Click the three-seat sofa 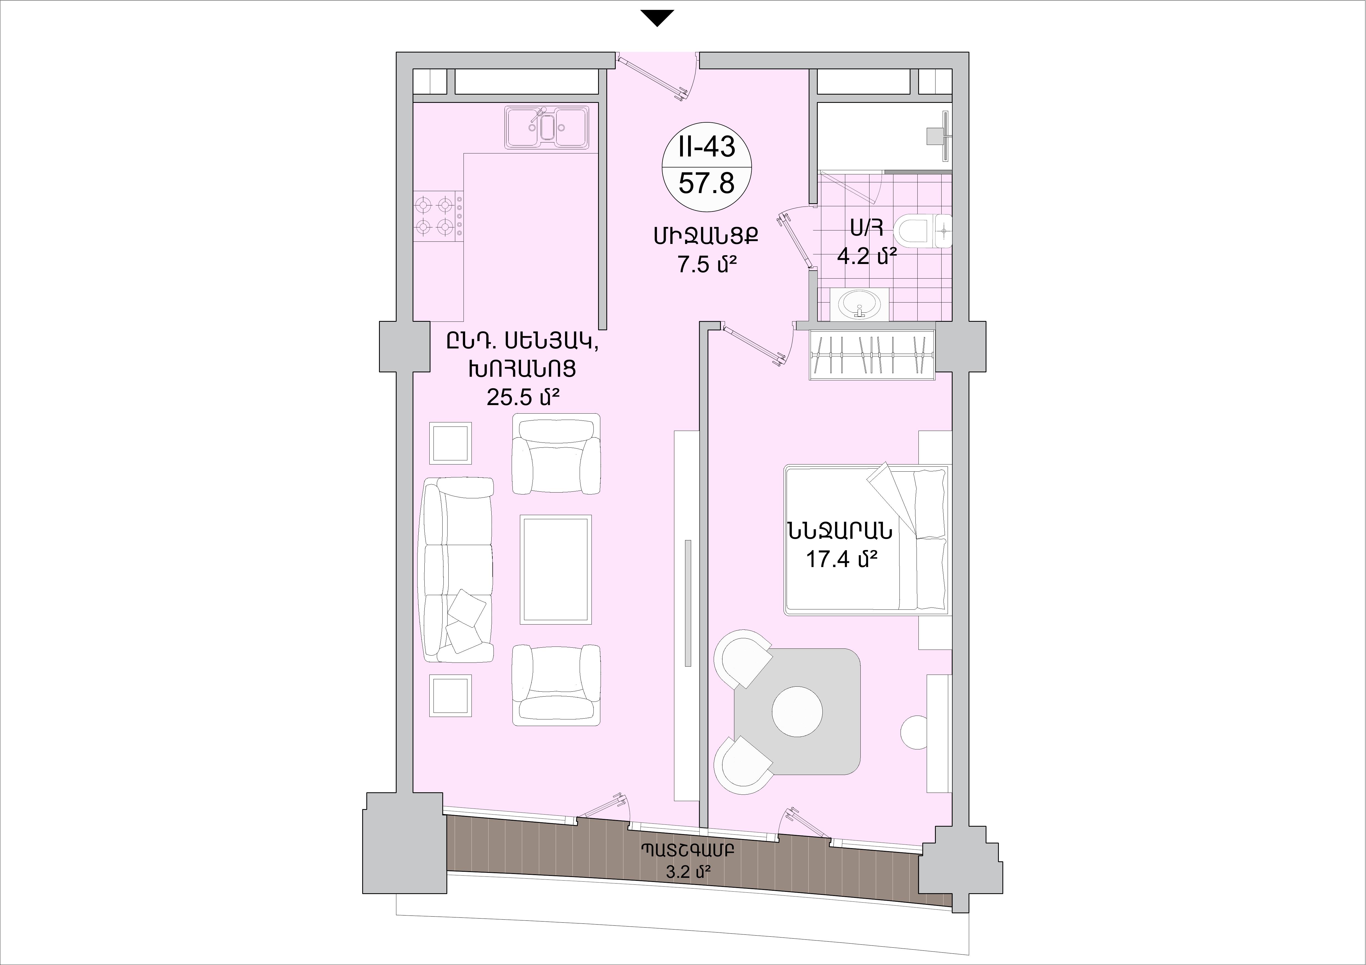[457, 570]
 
